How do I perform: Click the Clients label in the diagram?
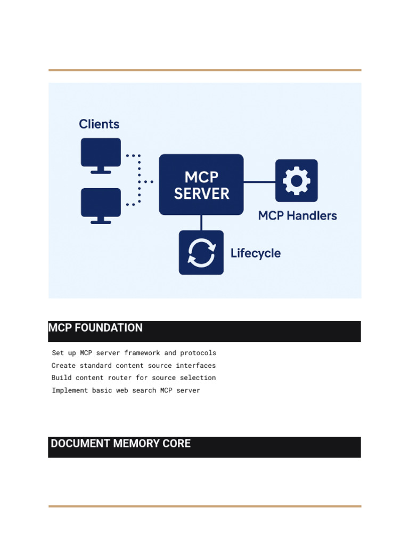pyautogui.click(x=99, y=124)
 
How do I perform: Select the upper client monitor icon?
pyautogui.click(x=101, y=156)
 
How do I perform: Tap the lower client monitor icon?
pyautogui.click(x=101, y=206)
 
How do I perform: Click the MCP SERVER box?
pyautogui.click(x=201, y=184)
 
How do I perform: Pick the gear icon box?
pyautogui.click(x=297, y=181)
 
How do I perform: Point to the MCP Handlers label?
pyautogui.click(x=297, y=215)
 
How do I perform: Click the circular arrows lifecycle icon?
pyautogui.click(x=201, y=252)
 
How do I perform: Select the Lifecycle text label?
pyautogui.click(x=256, y=253)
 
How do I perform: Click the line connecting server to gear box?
pyautogui.click(x=259, y=182)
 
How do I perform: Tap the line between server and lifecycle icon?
pyautogui.click(x=201, y=223)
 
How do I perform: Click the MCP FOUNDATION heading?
pyautogui.click(x=95, y=328)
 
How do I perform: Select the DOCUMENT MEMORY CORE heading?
pyautogui.click(x=121, y=443)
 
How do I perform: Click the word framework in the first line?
pyautogui.click(x=142, y=353)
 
